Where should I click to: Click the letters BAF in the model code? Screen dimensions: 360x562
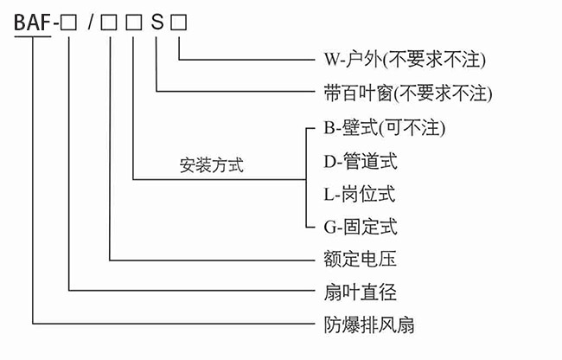(x=32, y=23)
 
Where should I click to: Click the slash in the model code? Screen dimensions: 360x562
(x=90, y=23)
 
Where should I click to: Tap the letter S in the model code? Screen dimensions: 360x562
(x=156, y=23)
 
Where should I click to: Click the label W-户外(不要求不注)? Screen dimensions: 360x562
(x=399, y=60)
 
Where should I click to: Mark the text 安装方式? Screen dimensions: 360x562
(x=211, y=165)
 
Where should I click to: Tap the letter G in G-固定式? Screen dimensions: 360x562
(x=329, y=227)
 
